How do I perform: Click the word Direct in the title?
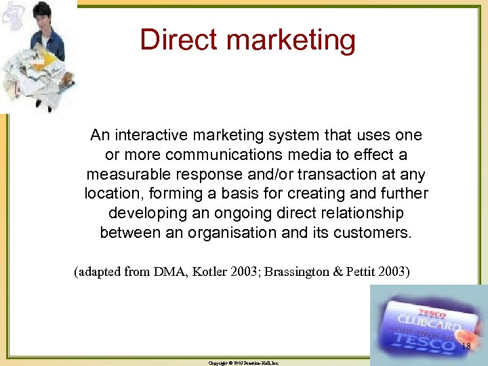pos(174,39)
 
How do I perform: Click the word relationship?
pos(357,213)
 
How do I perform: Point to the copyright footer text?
pos(243,363)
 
